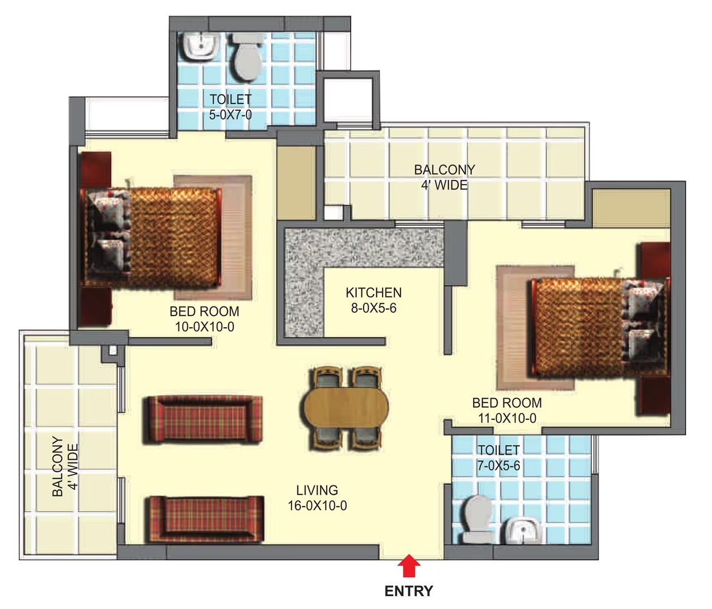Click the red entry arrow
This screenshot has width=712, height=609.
[x=408, y=565]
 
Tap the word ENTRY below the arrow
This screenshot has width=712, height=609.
[x=408, y=591]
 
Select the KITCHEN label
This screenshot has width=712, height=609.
[x=374, y=293]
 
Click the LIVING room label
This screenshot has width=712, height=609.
[x=317, y=490]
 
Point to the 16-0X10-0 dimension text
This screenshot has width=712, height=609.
[x=317, y=506]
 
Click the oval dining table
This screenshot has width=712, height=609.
[x=347, y=407]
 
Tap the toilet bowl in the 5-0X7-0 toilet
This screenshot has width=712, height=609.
[x=247, y=58]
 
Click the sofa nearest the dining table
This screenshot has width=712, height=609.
[x=202, y=420]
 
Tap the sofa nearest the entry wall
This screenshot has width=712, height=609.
[x=206, y=520]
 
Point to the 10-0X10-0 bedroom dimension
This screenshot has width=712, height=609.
[x=205, y=327]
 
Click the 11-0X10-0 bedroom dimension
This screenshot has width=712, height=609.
[x=507, y=418]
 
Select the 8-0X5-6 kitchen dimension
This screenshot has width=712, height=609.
[x=374, y=308]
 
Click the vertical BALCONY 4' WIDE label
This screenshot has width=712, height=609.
[x=65, y=467]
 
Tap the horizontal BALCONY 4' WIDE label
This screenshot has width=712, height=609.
[x=444, y=177]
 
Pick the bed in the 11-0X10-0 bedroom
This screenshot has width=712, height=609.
[x=598, y=327]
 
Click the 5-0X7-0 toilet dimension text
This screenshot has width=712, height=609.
[x=230, y=115]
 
